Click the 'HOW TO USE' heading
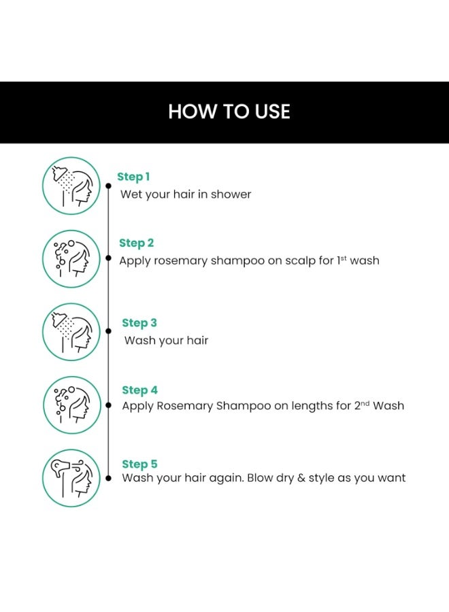[x=229, y=112]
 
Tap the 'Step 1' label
[x=133, y=177]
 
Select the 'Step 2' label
[x=137, y=243]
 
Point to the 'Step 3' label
[x=139, y=323]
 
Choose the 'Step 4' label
[x=139, y=390]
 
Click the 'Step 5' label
[x=139, y=464]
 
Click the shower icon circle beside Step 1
[x=71, y=186]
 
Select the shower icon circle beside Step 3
[x=71, y=332]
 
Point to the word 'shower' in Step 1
[x=231, y=194]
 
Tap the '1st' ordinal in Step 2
[x=342, y=260]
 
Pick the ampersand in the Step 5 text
[x=301, y=478]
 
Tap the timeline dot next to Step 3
[x=109, y=331]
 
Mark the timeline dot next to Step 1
[x=109, y=186]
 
